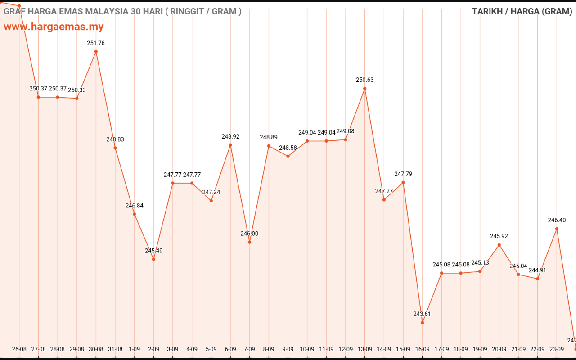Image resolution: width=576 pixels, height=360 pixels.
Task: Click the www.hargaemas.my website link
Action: (54, 27)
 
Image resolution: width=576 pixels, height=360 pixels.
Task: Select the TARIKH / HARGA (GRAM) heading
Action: (522, 12)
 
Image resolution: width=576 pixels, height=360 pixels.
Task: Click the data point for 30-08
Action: (96, 52)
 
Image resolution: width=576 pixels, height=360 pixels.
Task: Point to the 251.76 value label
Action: (96, 43)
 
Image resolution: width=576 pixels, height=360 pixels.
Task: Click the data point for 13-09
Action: (365, 89)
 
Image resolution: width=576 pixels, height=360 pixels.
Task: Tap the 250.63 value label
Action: (365, 80)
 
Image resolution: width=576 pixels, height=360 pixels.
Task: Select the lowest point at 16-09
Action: (423, 322)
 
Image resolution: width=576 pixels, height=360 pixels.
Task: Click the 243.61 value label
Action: (423, 314)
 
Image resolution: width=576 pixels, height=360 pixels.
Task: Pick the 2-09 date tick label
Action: (153, 349)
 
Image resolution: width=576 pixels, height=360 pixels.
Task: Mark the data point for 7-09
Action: (250, 242)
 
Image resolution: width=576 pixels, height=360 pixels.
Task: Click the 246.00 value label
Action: (250, 234)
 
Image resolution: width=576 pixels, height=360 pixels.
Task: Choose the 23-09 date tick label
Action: (557, 349)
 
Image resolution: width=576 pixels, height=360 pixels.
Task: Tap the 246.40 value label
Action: (557, 220)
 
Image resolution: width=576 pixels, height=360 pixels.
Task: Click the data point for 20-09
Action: (499, 245)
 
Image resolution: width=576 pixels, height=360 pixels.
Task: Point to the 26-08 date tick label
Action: (19, 349)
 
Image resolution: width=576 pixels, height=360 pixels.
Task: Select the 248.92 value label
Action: (230, 136)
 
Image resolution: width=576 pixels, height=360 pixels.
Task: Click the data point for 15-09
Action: (403, 182)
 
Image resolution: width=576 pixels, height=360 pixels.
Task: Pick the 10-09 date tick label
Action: (307, 349)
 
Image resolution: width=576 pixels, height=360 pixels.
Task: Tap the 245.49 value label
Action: (153, 251)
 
